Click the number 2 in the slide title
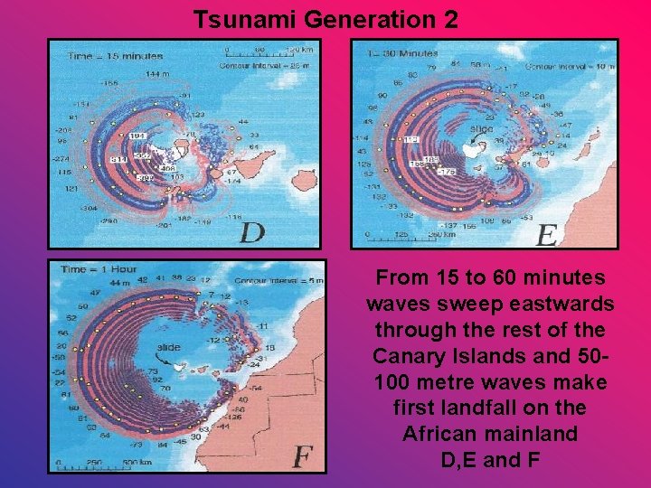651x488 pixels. point(448,18)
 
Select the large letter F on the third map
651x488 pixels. point(303,457)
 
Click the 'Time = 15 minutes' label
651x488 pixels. point(104,56)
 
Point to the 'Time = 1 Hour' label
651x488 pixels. point(99,269)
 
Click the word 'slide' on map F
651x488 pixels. point(168,346)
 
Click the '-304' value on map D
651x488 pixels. point(88,207)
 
